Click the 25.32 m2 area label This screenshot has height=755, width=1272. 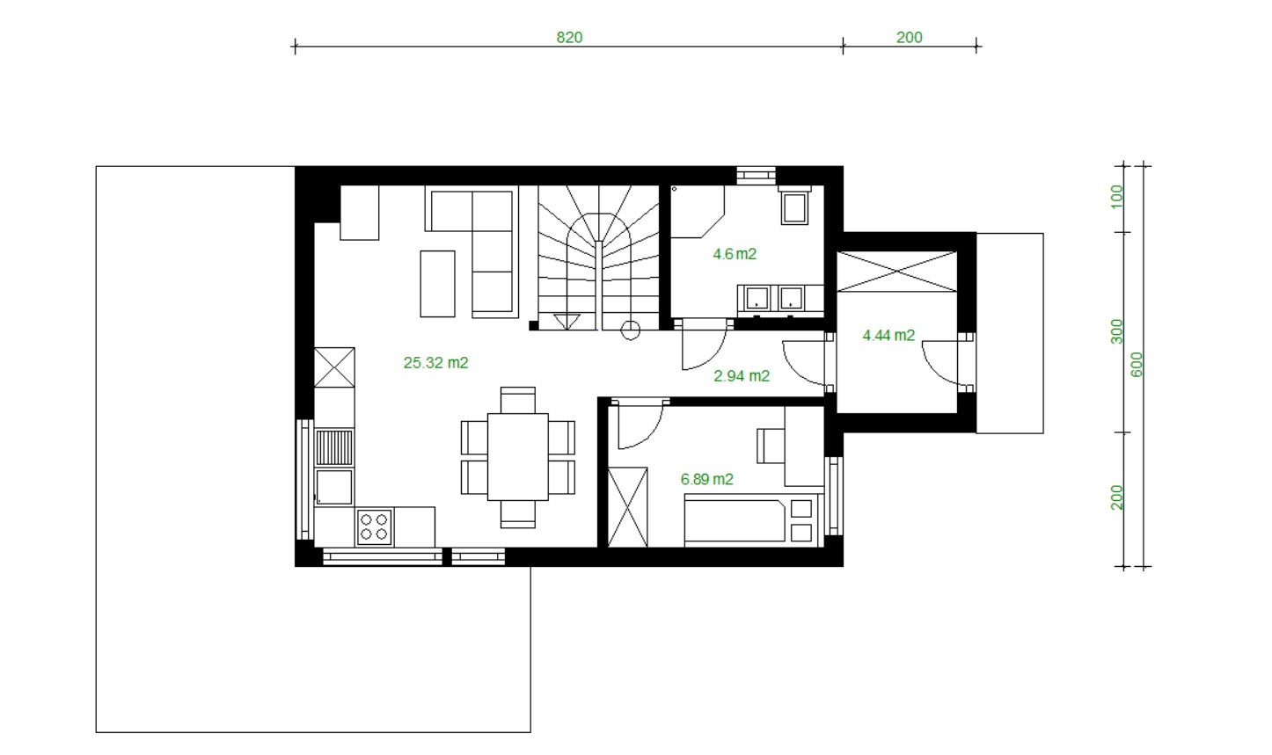click(435, 362)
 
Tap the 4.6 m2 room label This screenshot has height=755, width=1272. click(735, 253)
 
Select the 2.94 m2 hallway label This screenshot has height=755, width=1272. click(742, 375)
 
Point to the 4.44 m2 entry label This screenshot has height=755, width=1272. click(888, 335)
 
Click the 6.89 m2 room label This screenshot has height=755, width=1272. click(707, 479)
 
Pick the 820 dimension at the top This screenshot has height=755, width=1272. click(569, 38)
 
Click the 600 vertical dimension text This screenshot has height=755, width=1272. click(1137, 364)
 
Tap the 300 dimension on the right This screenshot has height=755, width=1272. click(1117, 332)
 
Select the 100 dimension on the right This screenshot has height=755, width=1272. click(1117, 197)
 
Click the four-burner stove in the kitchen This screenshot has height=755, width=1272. click(374, 527)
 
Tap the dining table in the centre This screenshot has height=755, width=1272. click(518, 457)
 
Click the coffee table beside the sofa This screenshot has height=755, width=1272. click(437, 284)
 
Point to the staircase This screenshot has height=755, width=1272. click(598, 258)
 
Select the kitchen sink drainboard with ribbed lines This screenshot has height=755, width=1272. click(334, 447)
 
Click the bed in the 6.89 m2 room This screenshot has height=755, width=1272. click(735, 520)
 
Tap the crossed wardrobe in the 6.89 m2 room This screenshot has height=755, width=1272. click(627, 507)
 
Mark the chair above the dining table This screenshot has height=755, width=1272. click(518, 401)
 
